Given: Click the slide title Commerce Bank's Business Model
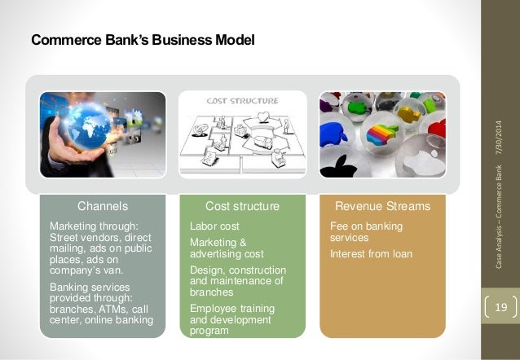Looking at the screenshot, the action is [x=143, y=39].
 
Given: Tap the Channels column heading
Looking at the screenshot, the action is [x=102, y=206].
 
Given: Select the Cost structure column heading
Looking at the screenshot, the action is [x=242, y=206].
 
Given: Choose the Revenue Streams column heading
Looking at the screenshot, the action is [x=382, y=206].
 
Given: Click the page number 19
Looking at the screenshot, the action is [x=501, y=307].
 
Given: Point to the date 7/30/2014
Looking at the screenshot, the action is [x=500, y=140].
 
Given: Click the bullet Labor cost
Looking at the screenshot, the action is [x=214, y=226].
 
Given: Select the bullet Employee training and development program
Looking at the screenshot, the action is [x=231, y=319].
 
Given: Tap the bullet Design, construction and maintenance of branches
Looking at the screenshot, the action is [x=237, y=280].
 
